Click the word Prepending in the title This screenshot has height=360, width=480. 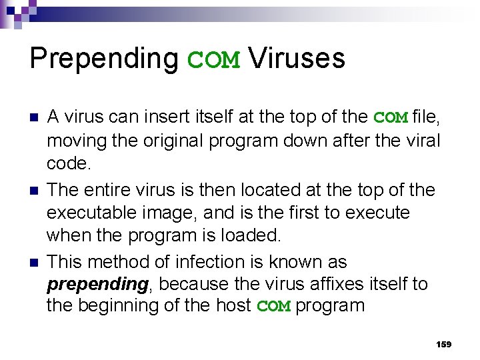tap(104, 59)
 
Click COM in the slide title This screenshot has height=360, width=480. tap(213, 60)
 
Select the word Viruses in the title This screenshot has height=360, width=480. tap(297, 59)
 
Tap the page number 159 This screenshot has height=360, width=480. tap(443, 344)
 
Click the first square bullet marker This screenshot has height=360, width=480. tap(33, 118)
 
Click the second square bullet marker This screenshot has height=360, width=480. tap(33, 191)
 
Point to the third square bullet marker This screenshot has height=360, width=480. tap(33, 263)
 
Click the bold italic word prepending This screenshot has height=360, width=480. tap(97, 285)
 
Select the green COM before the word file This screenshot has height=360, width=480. tap(391, 118)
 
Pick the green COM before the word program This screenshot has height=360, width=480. tap(274, 307)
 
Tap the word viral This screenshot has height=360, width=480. tap(423, 141)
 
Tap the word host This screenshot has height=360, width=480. tap(233, 306)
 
